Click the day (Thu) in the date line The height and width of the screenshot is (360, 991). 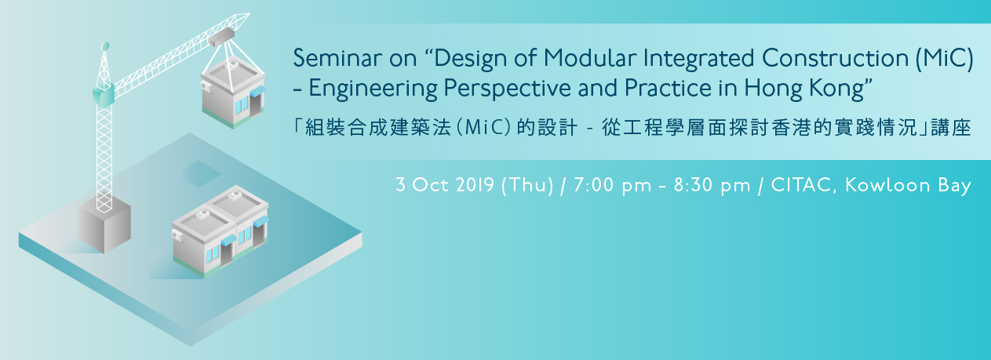click(x=527, y=185)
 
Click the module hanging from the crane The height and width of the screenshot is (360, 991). click(x=233, y=92)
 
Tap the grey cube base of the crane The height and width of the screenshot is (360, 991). click(x=105, y=227)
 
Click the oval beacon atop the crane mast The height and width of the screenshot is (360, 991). click(x=105, y=46)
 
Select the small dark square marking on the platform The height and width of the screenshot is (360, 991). click(x=202, y=173)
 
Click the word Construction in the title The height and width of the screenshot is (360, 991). click(x=836, y=58)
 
